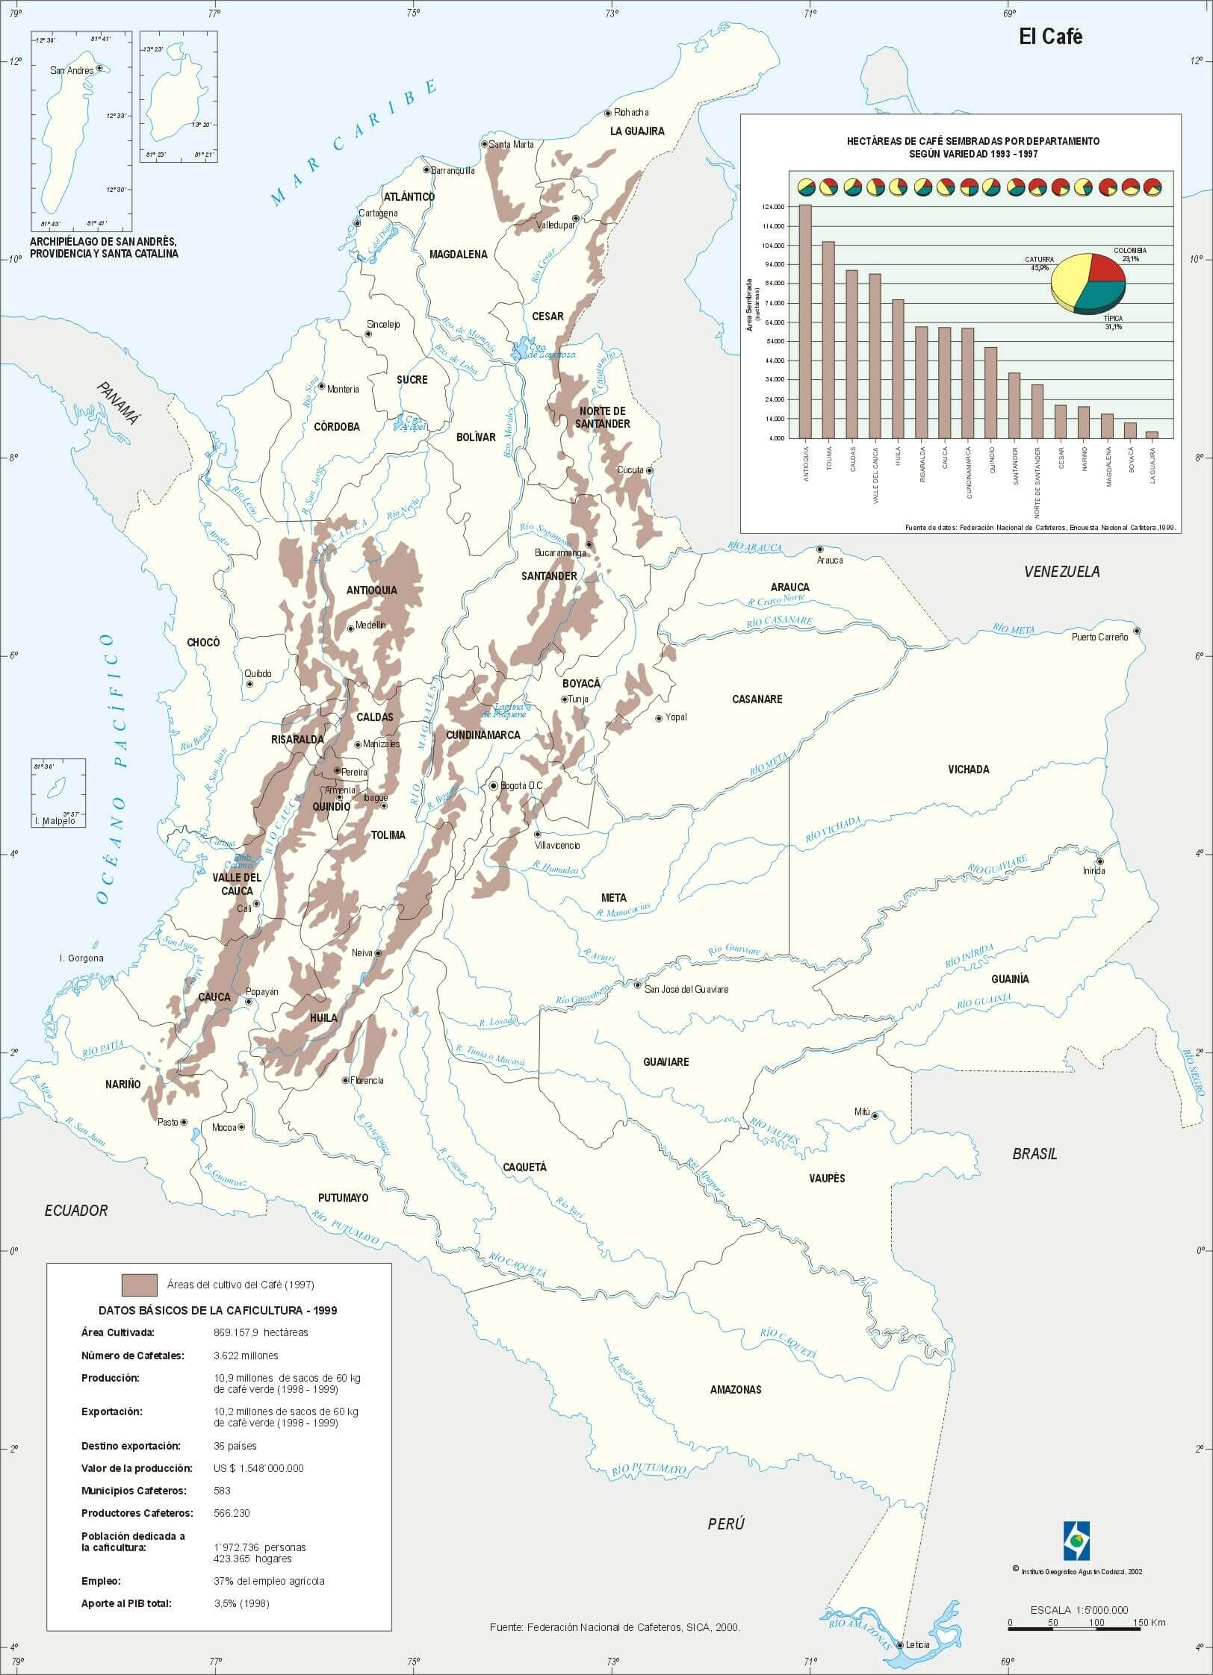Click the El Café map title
[1050, 38]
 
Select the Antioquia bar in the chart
[805, 322]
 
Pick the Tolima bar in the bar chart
[828, 340]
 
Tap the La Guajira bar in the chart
[1152, 434]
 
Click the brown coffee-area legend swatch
[140, 1285]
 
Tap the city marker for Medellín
[350, 628]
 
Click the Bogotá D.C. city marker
[494, 785]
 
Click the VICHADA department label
[968, 769]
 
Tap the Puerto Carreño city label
[1099, 637]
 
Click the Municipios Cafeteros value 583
[222, 1490]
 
